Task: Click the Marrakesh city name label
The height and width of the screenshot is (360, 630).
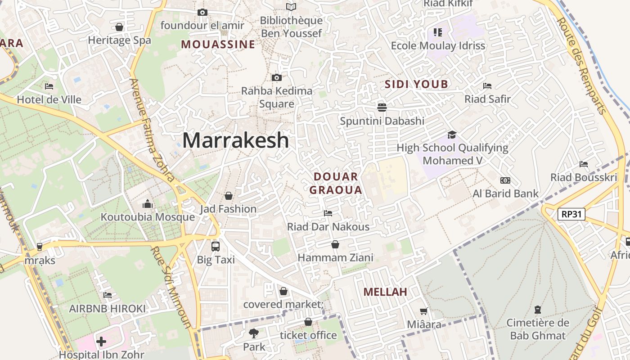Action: pyautogui.click(x=235, y=140)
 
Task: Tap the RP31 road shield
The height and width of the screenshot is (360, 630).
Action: pyautogui.click(x=571, y=214)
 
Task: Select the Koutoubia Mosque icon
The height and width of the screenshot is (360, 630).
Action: pyautogui.click(x=148, y=204)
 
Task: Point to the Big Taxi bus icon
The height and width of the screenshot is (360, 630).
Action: pyautogui.click(x=216, y=246)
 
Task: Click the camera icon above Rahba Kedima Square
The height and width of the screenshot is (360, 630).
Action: pyautogui.click(x=277, y=77)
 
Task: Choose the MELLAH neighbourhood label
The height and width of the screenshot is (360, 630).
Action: pyautogui.click(x=385, y=292)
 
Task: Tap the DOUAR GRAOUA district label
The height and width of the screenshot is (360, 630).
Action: pyautogui.click(x=336, y=183)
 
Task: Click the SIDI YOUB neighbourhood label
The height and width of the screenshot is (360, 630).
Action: pyautogui.click(x=416, y=84)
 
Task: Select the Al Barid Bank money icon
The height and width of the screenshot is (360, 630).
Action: pyautogui.click(x=505, y=180)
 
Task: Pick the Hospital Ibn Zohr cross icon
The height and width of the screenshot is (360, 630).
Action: pyautogui.click(x=101, y=342)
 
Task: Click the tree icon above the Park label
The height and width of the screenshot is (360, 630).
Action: pyautogui.click(x=254, y=333)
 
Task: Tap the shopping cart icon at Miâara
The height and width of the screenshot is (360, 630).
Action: pyautogui.click(x=423, y=311)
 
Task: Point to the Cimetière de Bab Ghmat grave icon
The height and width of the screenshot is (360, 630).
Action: pyautogui.click(x=537, y=310)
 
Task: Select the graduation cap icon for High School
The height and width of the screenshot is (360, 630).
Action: pyautogui.click(x=452, y=135)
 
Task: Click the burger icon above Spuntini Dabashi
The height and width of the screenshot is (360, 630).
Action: pyautogui.click(x=382, y=107)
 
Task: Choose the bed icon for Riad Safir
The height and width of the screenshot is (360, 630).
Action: pyautogui.click(x=487, y=85)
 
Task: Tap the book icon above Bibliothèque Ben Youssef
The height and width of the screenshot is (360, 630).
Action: pyautogui.click(x=291, y=7)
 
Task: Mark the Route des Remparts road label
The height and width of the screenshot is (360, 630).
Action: pyautogui.click(x=582, y=65)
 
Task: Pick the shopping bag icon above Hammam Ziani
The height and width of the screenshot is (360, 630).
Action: pyautogui.click(x=335, y=244)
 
